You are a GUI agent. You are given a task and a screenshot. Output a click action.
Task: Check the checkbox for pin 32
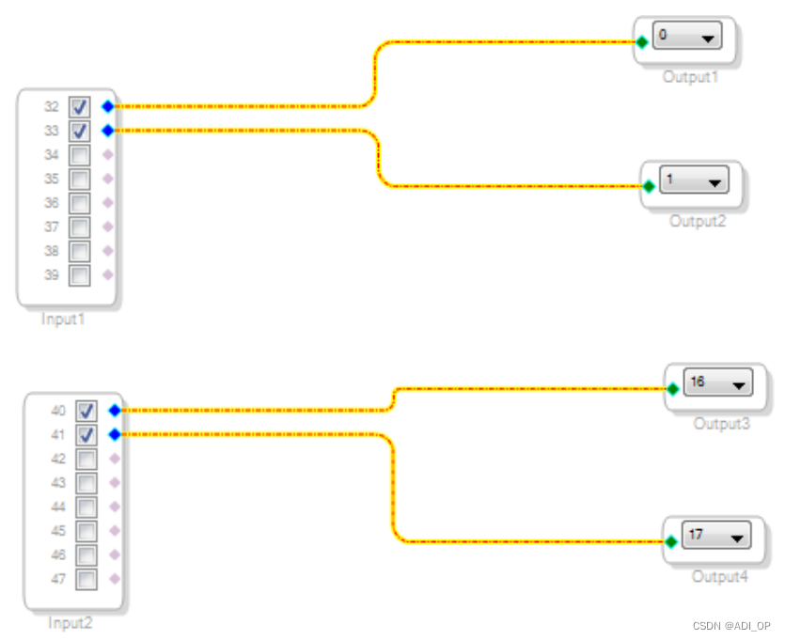[x=80, y=106]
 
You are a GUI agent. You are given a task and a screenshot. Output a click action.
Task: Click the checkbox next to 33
[x=80, y=131]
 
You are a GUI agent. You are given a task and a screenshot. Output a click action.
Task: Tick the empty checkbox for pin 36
[x=80, y=203]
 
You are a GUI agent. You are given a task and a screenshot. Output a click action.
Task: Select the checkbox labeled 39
[x=80, y=275]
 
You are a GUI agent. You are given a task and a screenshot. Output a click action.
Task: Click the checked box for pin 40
[x=86, y=411]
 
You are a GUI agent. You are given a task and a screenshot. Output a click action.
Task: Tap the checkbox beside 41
[x=86, y=435]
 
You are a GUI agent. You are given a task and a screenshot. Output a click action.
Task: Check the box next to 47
[x=86, y=579]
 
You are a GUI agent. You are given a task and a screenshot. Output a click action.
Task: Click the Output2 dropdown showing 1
[x=695, y=180]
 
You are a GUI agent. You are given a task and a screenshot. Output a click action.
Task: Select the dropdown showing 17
[x=716, y=536]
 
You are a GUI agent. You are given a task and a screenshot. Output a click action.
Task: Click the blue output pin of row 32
[x=108, y=106]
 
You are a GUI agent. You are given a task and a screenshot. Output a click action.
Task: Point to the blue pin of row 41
[x=115, y=434]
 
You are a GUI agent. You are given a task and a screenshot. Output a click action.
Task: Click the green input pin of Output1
[x=641, y=41]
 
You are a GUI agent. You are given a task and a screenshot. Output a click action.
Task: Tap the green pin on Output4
[x=671, y=541]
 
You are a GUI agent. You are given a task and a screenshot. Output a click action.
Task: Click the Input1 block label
[x=64, y=320]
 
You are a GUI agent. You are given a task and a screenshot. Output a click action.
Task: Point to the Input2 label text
[x=71, y=623]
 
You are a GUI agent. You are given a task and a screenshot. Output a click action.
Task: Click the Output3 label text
[x=722, y=424]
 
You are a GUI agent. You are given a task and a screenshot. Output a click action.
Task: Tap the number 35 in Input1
[x=52, y=179]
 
